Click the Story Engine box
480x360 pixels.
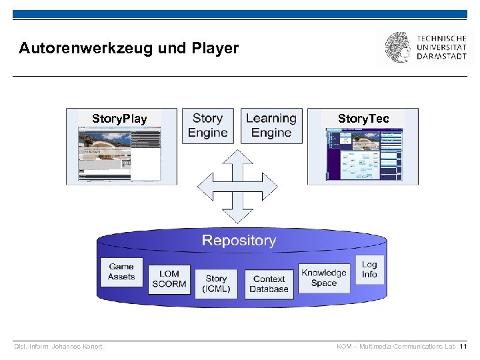(x=207, y=126)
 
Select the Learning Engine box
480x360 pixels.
(x=271, y=126)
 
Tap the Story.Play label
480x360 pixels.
(x=119, y=119)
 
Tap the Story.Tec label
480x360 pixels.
(x=363, y=119)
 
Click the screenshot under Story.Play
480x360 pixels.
(x=119, y=155)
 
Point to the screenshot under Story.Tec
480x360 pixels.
(x=363, y=155)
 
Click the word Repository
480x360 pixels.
(x=239, y=241)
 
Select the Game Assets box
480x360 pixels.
(x=121, y=271)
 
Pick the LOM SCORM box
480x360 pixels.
(x=169, y=279)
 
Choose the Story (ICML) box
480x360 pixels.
(x=217, y=283)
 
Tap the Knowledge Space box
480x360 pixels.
(x=324, y=277)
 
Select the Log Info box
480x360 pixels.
(x=369, y=269)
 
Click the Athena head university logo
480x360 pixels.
(x=397, y=47)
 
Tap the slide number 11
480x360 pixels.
(x=463, y=347)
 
